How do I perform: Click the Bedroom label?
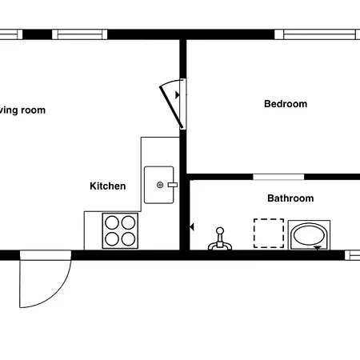(286, 104)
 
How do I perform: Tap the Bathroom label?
(290, 198)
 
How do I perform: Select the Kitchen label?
(107, 186)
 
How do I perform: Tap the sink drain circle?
(160, 185)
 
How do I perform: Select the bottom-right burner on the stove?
(130, 238)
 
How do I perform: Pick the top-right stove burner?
(130, 222)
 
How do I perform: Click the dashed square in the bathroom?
(269, 233)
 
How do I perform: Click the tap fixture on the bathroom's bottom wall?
(218, 240)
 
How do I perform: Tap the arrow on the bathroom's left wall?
(191, 227)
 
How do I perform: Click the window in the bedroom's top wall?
(317, 34)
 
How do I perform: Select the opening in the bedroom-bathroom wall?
(278, 176)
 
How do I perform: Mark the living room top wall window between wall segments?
(80, 34)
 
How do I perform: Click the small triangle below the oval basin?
(319, 249)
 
